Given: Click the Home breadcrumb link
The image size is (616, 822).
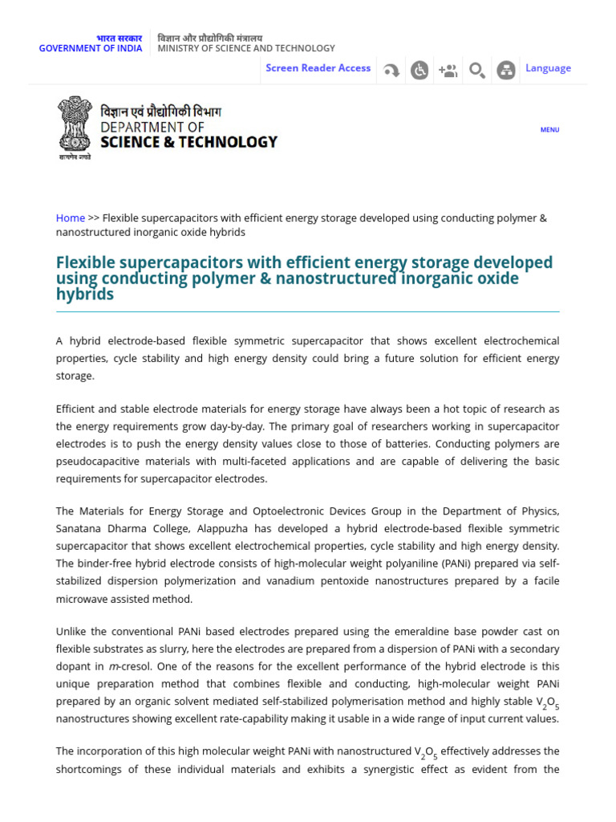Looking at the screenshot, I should point(71,218).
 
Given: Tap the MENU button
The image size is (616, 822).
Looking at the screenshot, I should point(549,129).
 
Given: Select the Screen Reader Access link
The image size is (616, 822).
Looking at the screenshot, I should point(318,68).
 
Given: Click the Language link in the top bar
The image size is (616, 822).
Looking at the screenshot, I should point(548,68).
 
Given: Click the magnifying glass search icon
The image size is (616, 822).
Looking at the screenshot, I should point(476,71).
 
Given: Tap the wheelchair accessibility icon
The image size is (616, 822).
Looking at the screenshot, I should point(419,71).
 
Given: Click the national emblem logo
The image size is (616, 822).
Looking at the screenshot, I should point(75,126).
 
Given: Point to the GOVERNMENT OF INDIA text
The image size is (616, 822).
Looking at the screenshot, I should point(91,48).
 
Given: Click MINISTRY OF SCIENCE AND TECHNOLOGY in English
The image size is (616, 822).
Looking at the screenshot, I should point(246,48).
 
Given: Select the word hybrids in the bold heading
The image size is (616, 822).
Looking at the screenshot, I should point(85,295).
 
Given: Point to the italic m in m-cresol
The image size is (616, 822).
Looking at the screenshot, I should point(112,666).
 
